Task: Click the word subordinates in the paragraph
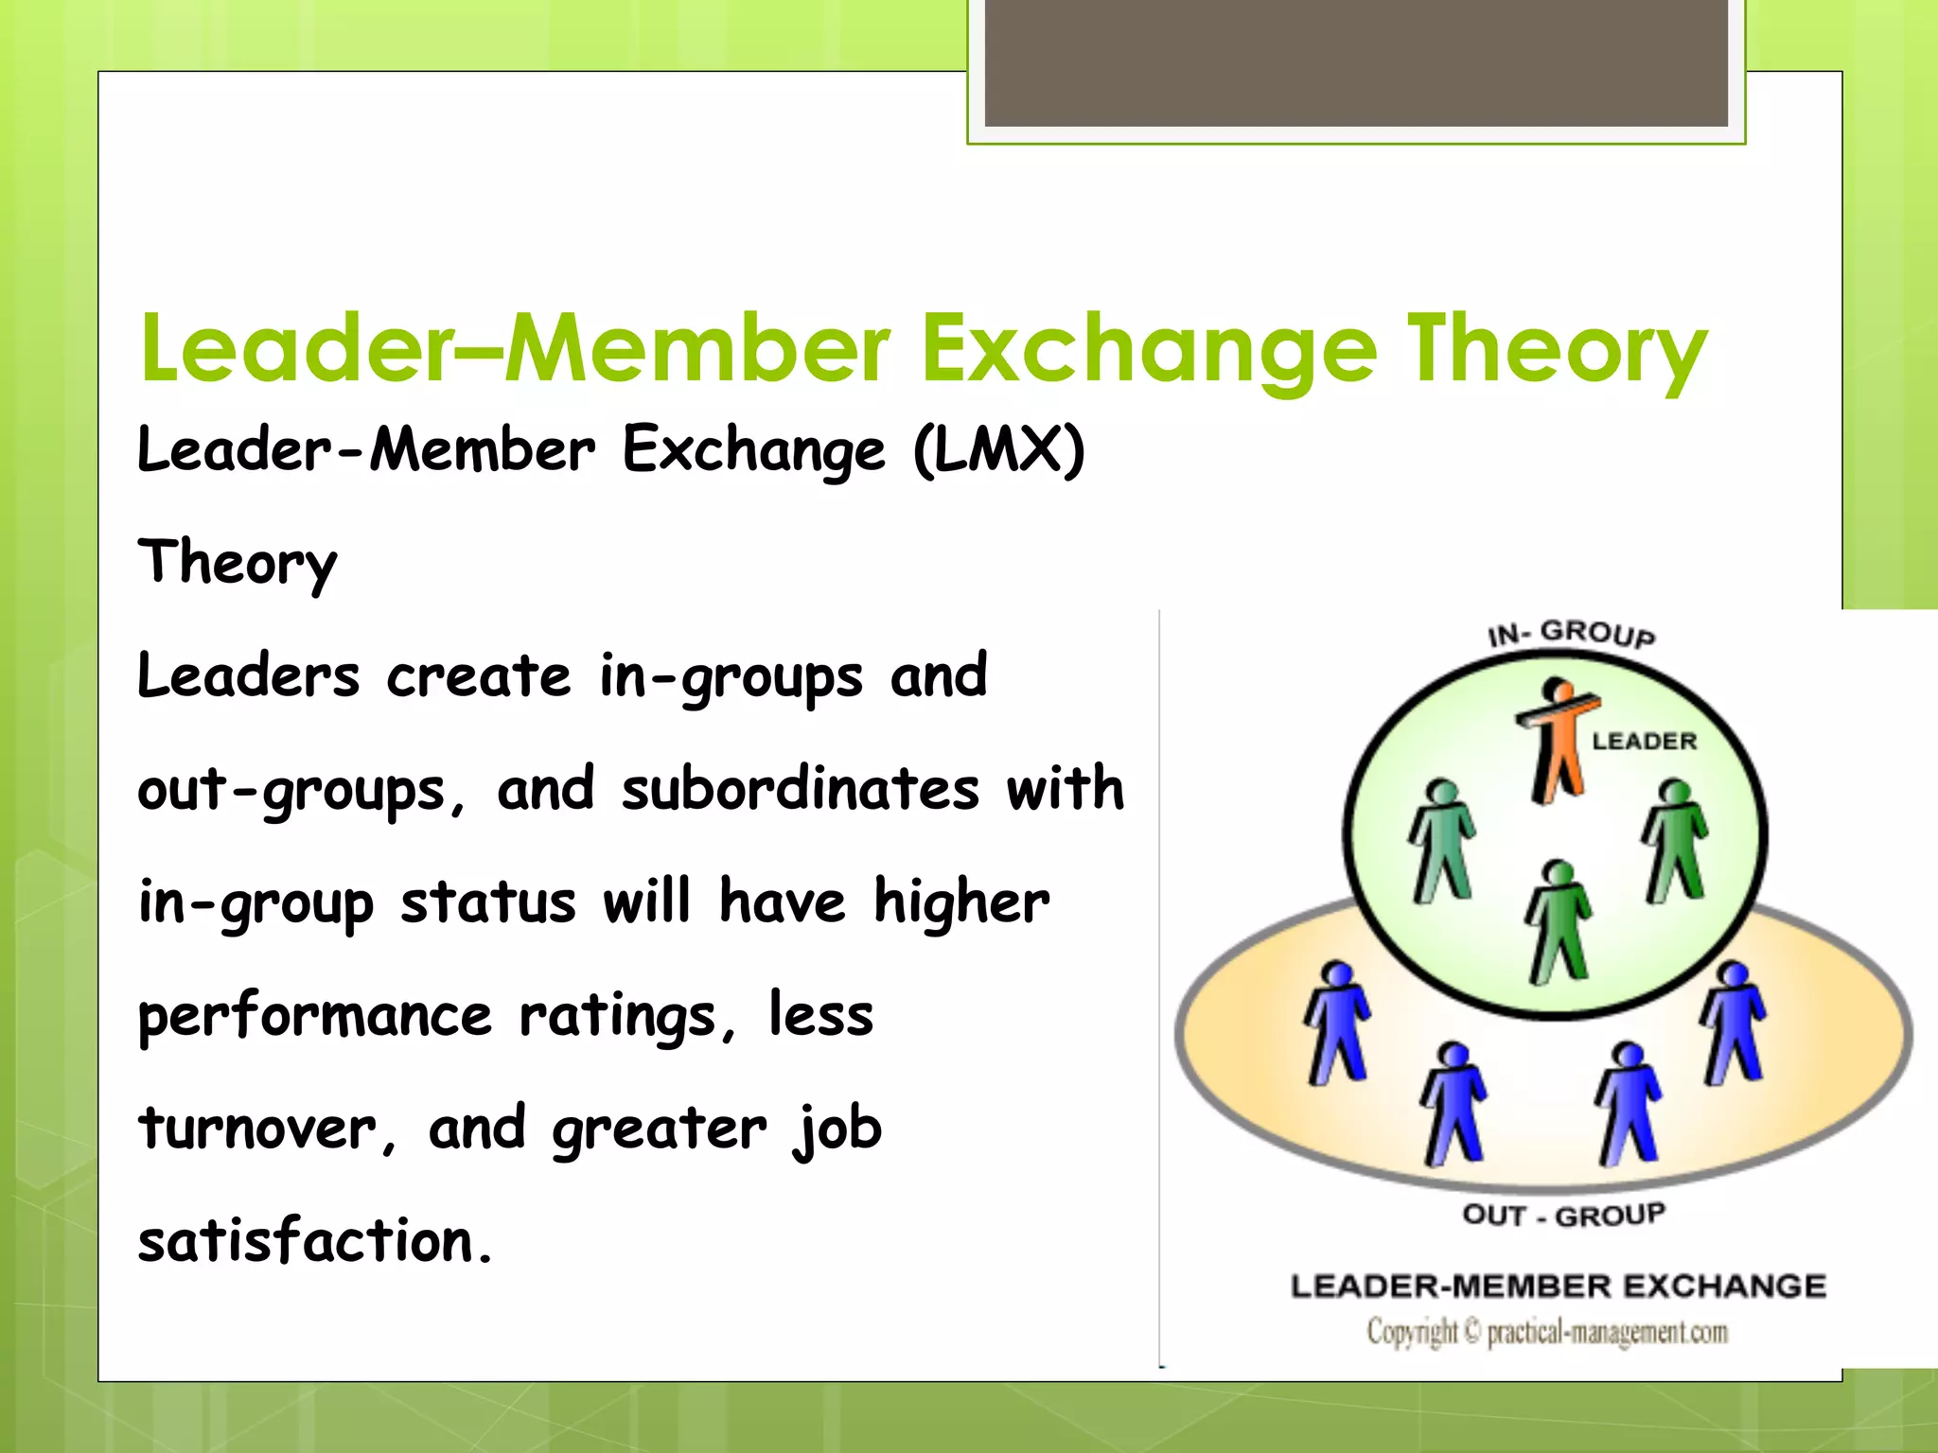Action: pos(801,789)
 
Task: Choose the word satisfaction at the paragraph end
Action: pos(315,1241)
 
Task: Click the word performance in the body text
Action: pos(315,1017)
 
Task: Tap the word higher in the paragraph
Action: pos(961,902)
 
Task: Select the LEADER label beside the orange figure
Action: pos(1645,742)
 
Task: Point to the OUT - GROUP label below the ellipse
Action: pos(1563,1215)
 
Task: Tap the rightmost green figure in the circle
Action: pos(1676,840)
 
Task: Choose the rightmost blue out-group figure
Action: pos(1734,1022)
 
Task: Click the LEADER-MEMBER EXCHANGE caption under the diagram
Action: pos(1559,1287)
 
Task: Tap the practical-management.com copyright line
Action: pos(1548,1332)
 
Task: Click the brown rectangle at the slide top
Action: pos(1356,62)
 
